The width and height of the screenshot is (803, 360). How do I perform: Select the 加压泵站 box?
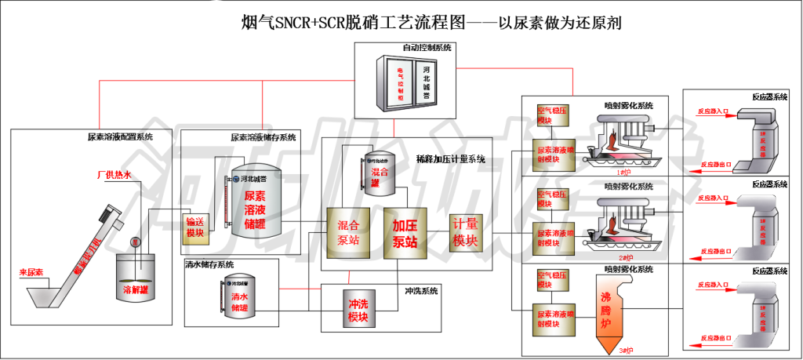404,232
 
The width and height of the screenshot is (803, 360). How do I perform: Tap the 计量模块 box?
465,233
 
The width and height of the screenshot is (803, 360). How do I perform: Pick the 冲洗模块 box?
358,310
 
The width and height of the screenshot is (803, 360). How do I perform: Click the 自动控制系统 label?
427,48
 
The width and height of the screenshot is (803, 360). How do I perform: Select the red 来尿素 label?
31,271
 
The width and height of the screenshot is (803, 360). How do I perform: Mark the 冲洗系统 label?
420,291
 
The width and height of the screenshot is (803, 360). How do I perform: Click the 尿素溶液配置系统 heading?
120,137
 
